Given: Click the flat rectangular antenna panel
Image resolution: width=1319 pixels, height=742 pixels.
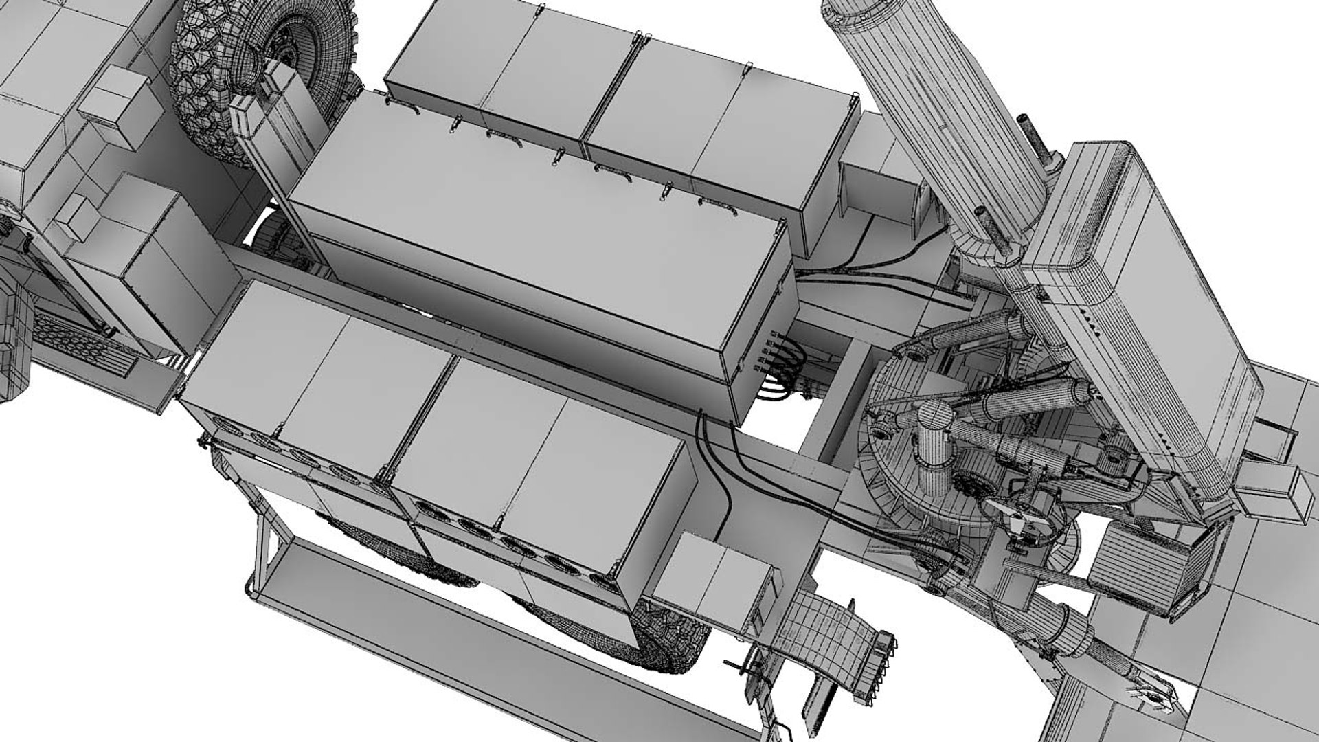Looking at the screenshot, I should [x=1140, y=309].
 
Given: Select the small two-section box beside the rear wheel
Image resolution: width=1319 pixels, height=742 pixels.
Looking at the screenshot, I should [x=714, y=577].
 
